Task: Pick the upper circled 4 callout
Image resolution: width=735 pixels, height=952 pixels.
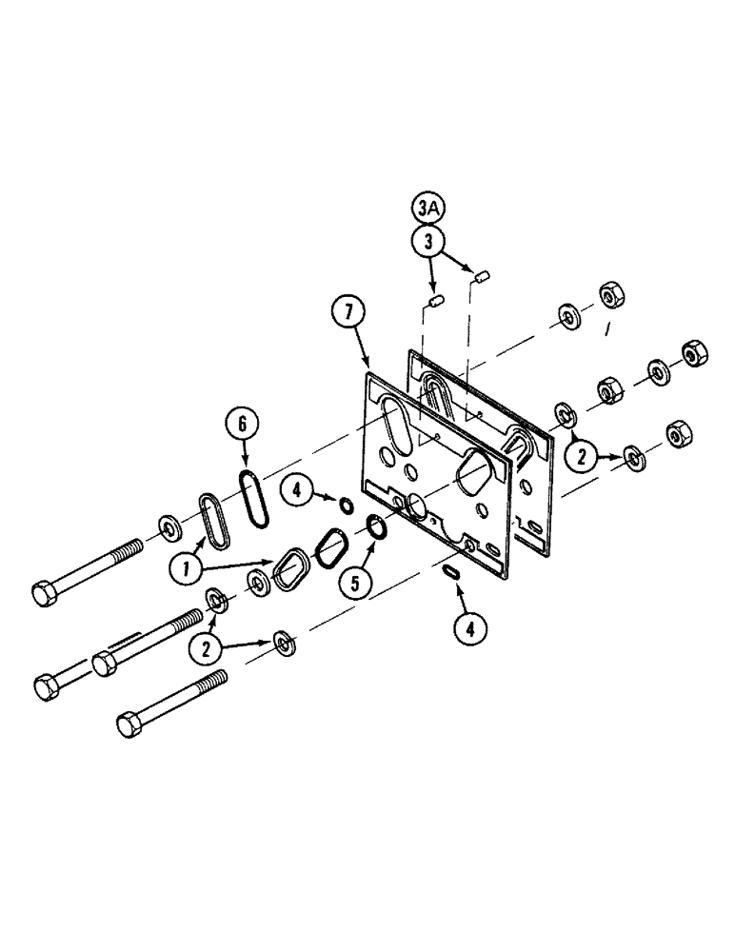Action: pyautogui.click(x=299, y=492)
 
